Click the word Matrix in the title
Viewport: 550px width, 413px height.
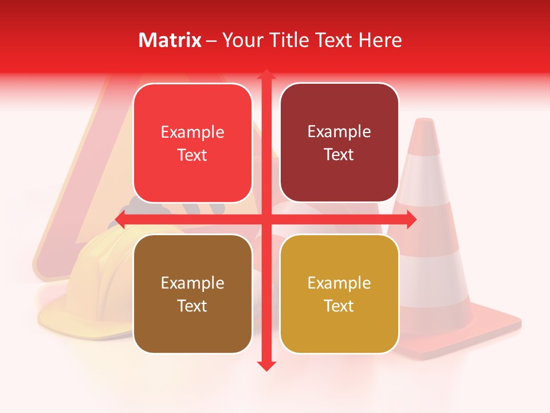point(170,40)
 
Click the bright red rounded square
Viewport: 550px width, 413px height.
point(192,143)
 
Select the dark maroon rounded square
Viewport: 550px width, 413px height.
point(339,143)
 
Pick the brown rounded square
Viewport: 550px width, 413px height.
point(192,294)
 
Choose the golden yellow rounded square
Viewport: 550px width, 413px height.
point(339,294)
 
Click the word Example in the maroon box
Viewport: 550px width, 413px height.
point(339,132)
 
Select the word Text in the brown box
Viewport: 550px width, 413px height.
point(192,306)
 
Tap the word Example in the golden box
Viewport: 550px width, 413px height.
point(339,283)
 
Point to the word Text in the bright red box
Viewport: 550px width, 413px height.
point(192,155)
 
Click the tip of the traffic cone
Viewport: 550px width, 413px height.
point(424,121)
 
